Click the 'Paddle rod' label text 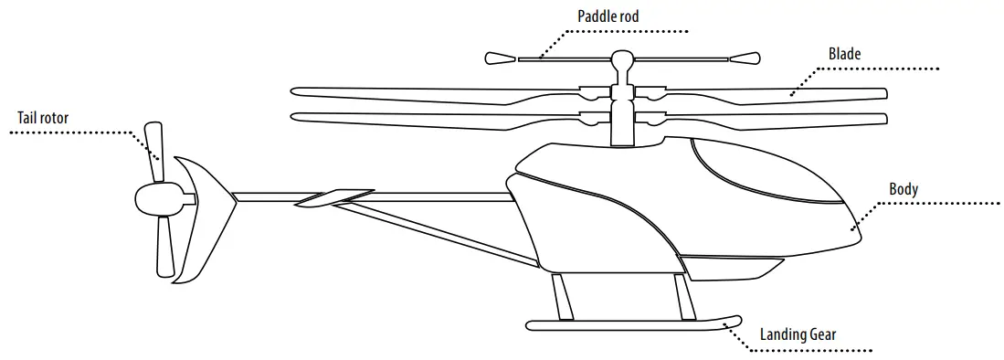(x=608, y=16)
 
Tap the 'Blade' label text (x=844, y=54)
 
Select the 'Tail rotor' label (x=42, y=117)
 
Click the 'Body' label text (x=904, y=189)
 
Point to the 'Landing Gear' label (x=798, y=334)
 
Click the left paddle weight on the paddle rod (x=500, y=59)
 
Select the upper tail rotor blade (x=153, y=145)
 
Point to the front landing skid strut (x=681, y=295)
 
